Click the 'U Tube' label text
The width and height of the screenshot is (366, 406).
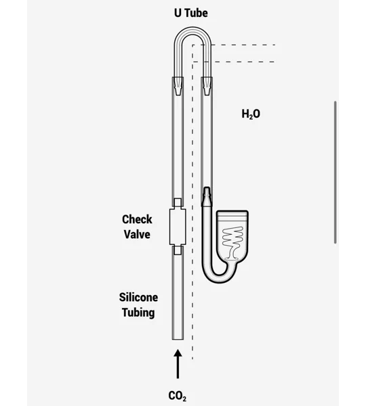click(x=191, y=13)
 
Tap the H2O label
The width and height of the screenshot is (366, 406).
click(x=251, y=114)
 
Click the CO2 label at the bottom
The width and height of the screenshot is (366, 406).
click(x=177, y=396)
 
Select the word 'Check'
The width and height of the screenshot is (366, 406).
click(x=137, y=219)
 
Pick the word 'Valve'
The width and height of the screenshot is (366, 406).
click(x=137, y=234)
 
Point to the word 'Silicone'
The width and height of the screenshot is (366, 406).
click(x=138, y=297)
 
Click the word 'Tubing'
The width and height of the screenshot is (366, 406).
click(x=138, y=313)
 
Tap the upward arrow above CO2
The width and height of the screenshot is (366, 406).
click(x=178, y=364)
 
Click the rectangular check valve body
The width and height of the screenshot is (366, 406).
click(x=178, y=227)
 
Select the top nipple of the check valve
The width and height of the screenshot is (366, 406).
click(x=178, y=204)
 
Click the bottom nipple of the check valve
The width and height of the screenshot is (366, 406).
click(x=178, y=250)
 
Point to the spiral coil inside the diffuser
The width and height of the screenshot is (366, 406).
click(x=232, y=243)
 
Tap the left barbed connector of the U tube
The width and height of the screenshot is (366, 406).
click(x=178, y=86)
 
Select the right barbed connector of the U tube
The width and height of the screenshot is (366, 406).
click(x=207, y=86)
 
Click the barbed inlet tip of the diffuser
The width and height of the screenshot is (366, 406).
click(x=207, y=197)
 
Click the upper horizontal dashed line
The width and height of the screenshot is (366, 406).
click(x=233, y=45)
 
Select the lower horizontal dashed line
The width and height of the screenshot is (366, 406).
click(x=233, y=62)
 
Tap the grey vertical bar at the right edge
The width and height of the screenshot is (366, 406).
click(x=335, y=172)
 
